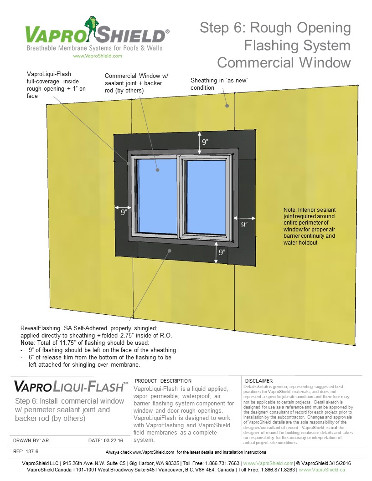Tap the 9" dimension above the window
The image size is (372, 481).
coord(206,142)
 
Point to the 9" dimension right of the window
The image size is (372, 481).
coord(244,224)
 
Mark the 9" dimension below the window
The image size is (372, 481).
coord(222,252)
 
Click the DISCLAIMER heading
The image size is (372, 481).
coord(259,381)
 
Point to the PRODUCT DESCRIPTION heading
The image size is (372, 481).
coord(164,381)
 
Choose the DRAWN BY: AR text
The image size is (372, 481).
coord(31,441)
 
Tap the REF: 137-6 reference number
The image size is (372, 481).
coord(23,451)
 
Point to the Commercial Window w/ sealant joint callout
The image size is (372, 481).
coord(133,83)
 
